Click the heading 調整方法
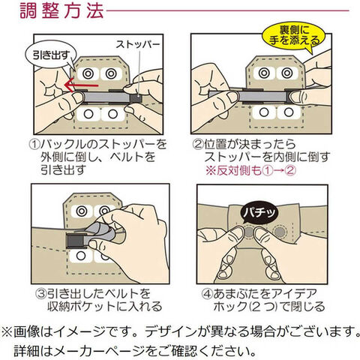pos(61,11)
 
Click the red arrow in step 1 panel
pos(81,85)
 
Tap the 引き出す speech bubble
pos(50,55)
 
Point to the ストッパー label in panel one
pos(138,44)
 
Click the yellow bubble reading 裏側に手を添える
pos(294,36)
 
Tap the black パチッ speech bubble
pos(259,213)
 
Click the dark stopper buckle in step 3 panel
pos(76,241)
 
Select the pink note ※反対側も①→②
pos(250,171)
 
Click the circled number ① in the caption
pos(34,145)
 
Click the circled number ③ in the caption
pos(41,294)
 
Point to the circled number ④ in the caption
pos(207,294)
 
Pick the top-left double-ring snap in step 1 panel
pos(88,73)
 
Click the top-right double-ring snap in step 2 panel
pos(286,73)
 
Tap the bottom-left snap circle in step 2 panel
pos(263,112)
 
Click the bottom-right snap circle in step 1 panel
pos(112,114)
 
